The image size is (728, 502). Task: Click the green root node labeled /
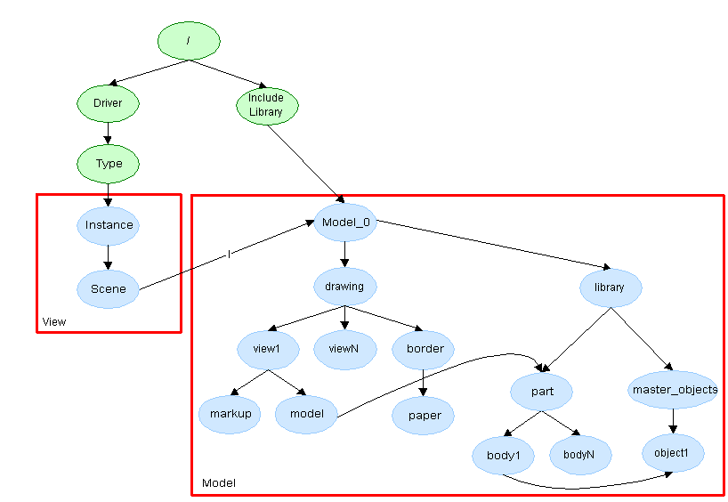click(189, 41)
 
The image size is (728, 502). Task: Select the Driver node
click(108, 103)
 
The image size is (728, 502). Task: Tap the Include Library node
click(266, 105)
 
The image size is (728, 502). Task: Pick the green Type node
click(109, 164)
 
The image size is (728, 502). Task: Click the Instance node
click(109, 225)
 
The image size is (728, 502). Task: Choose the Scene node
click(109, 288)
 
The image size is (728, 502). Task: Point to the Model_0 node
click(344, 223)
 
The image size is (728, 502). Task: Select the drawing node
click(344, 287)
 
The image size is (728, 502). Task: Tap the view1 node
click(267, 349)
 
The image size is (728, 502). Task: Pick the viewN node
click(344, 349)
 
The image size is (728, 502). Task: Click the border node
click(425, 349)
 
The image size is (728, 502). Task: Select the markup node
click(230, 413)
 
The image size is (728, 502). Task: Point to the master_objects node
click(674, 390)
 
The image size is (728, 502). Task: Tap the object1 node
click(673, 453)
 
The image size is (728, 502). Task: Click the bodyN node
click(579, 454)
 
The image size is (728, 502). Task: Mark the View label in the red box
click(54, 321)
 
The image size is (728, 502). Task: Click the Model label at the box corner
click(218, 483)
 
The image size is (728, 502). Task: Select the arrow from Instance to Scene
click(109, 256)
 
